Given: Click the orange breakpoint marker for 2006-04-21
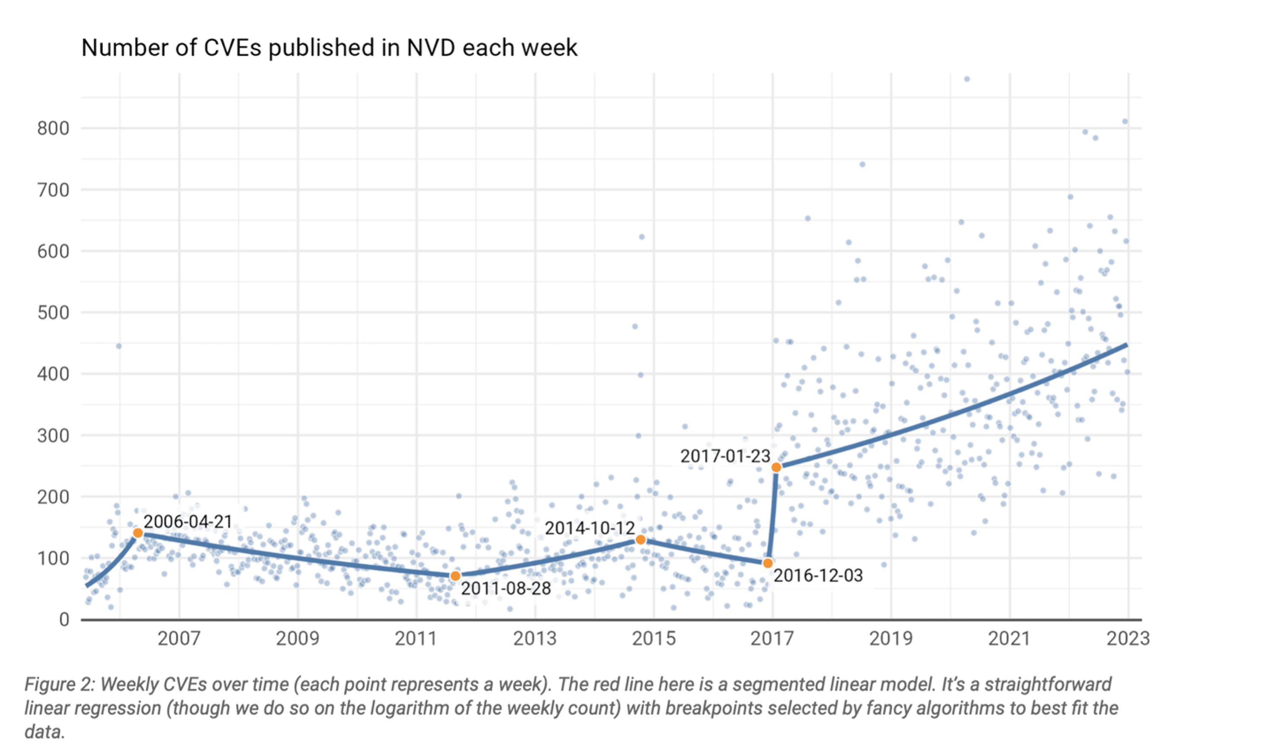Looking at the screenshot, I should click(x=138, y=533).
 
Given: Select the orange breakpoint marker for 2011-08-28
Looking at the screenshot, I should click(x=455, y=576).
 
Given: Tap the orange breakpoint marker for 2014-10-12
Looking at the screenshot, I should click(x=640, y=540).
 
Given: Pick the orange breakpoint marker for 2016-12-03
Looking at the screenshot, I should click(x=768, y=563).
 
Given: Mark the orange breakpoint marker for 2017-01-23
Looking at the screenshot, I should click(x=776, y=467).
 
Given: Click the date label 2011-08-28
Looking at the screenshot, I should click(x=506, y=588).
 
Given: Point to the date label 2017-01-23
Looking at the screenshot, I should click(x=725, y=456).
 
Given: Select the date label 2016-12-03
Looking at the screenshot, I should click(x=818, y=575).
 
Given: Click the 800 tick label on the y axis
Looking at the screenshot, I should click(x=53, y=129).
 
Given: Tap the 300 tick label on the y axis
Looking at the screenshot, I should click(x=53, y=436).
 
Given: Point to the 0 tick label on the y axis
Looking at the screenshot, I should click(x=64, y=620).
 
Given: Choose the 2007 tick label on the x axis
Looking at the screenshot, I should click(x=179, y=639).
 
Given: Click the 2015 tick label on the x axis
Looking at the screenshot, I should click(x=653, y=639).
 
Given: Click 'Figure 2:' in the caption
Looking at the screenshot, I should click(x=59, y=684).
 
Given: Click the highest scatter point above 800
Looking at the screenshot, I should click(x=967, y=79).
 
